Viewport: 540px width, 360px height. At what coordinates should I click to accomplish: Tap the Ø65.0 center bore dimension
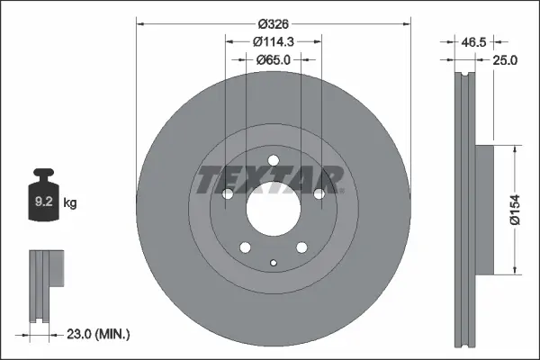click(273, 59)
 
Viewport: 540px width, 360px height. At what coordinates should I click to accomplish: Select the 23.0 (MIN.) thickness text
click(99, 334)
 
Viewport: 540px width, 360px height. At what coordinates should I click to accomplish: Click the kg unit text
click(71, 203)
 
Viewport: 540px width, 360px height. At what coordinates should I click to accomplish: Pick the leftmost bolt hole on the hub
click(228, 194)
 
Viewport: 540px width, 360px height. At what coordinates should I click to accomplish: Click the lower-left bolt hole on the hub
click(245, 248)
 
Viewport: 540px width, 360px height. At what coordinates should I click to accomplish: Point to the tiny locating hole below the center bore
click(273, 263)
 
